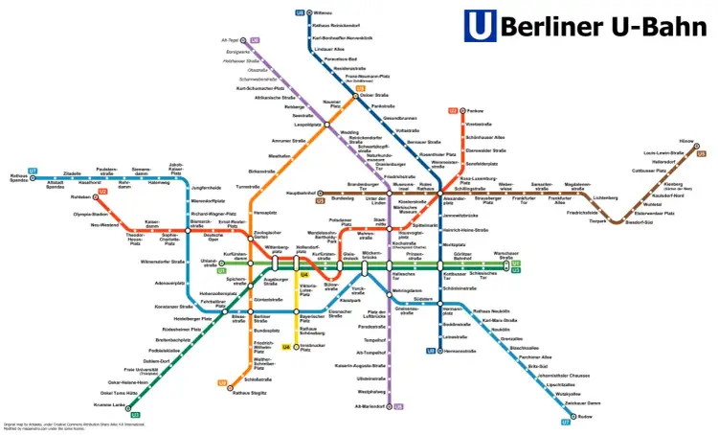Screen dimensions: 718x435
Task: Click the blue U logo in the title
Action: click(480, 27)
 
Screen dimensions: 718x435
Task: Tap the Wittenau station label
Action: click(323, 12)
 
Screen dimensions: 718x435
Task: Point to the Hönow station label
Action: click(686, 141)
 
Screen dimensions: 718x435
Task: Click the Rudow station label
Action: click(587, 417)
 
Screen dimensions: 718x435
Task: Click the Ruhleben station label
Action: click(80, 197)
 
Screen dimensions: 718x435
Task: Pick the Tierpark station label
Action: click(598, 221)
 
